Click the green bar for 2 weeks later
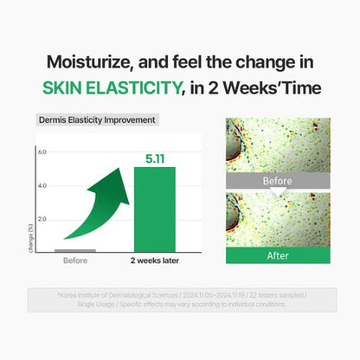(154, 208)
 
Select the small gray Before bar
(74, 249)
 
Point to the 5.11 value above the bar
(154, 158)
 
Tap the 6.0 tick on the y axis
(42, 152)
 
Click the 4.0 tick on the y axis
(42, 185)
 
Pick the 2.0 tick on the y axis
(42, 218)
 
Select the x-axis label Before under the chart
(74, 260)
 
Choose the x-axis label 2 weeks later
(155, 260)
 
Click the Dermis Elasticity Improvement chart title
(98, 120)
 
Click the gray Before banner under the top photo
(277, 183)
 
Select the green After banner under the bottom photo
(277, 256)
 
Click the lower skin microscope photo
(277, 220)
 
